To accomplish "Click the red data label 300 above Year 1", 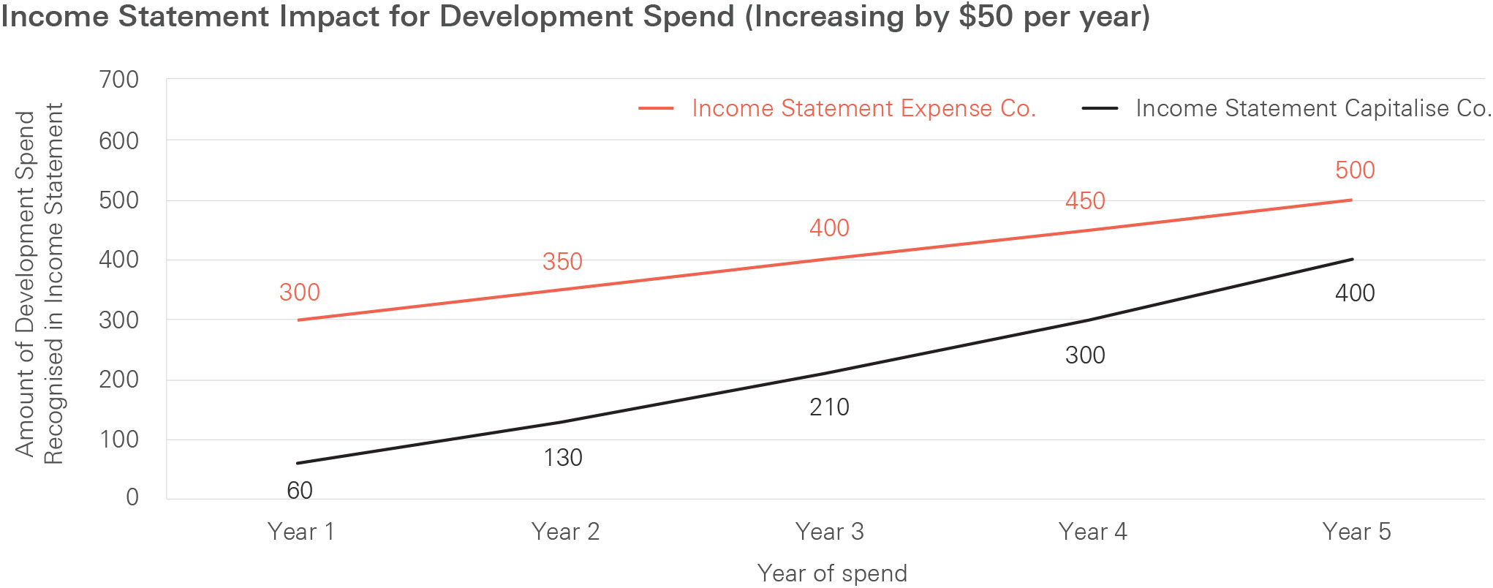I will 300,293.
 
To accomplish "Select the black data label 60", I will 300,490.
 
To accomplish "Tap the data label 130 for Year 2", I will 563,458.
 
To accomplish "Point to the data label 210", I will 829,407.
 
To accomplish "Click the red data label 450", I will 1085,201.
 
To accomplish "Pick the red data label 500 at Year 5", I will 1355,170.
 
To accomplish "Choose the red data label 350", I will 562,262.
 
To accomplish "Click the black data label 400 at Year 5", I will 1355,293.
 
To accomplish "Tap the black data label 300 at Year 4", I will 1085,355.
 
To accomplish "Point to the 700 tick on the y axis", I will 119,80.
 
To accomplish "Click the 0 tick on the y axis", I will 132,497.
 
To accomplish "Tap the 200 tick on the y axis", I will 119,380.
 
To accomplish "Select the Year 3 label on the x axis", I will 829,532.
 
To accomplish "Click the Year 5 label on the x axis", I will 1356,532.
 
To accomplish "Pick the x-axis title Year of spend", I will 832,573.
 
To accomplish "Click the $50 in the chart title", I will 986,16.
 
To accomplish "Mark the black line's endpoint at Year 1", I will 298,463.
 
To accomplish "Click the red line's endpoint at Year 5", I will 1351,200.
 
